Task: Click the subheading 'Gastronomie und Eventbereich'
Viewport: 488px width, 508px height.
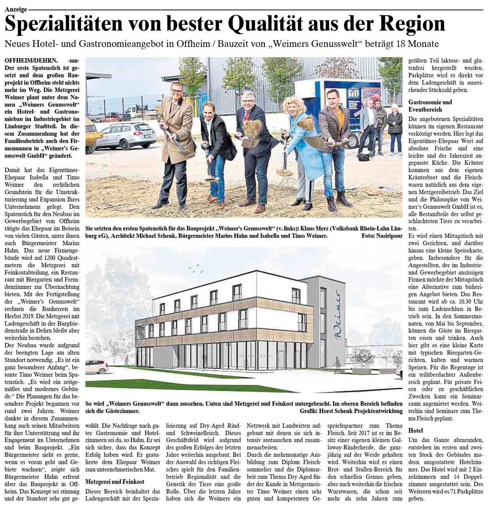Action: click(430, 105)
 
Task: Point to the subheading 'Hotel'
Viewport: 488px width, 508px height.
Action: click(416, 430)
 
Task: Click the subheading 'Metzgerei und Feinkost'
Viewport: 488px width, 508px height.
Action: click(115, 482)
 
